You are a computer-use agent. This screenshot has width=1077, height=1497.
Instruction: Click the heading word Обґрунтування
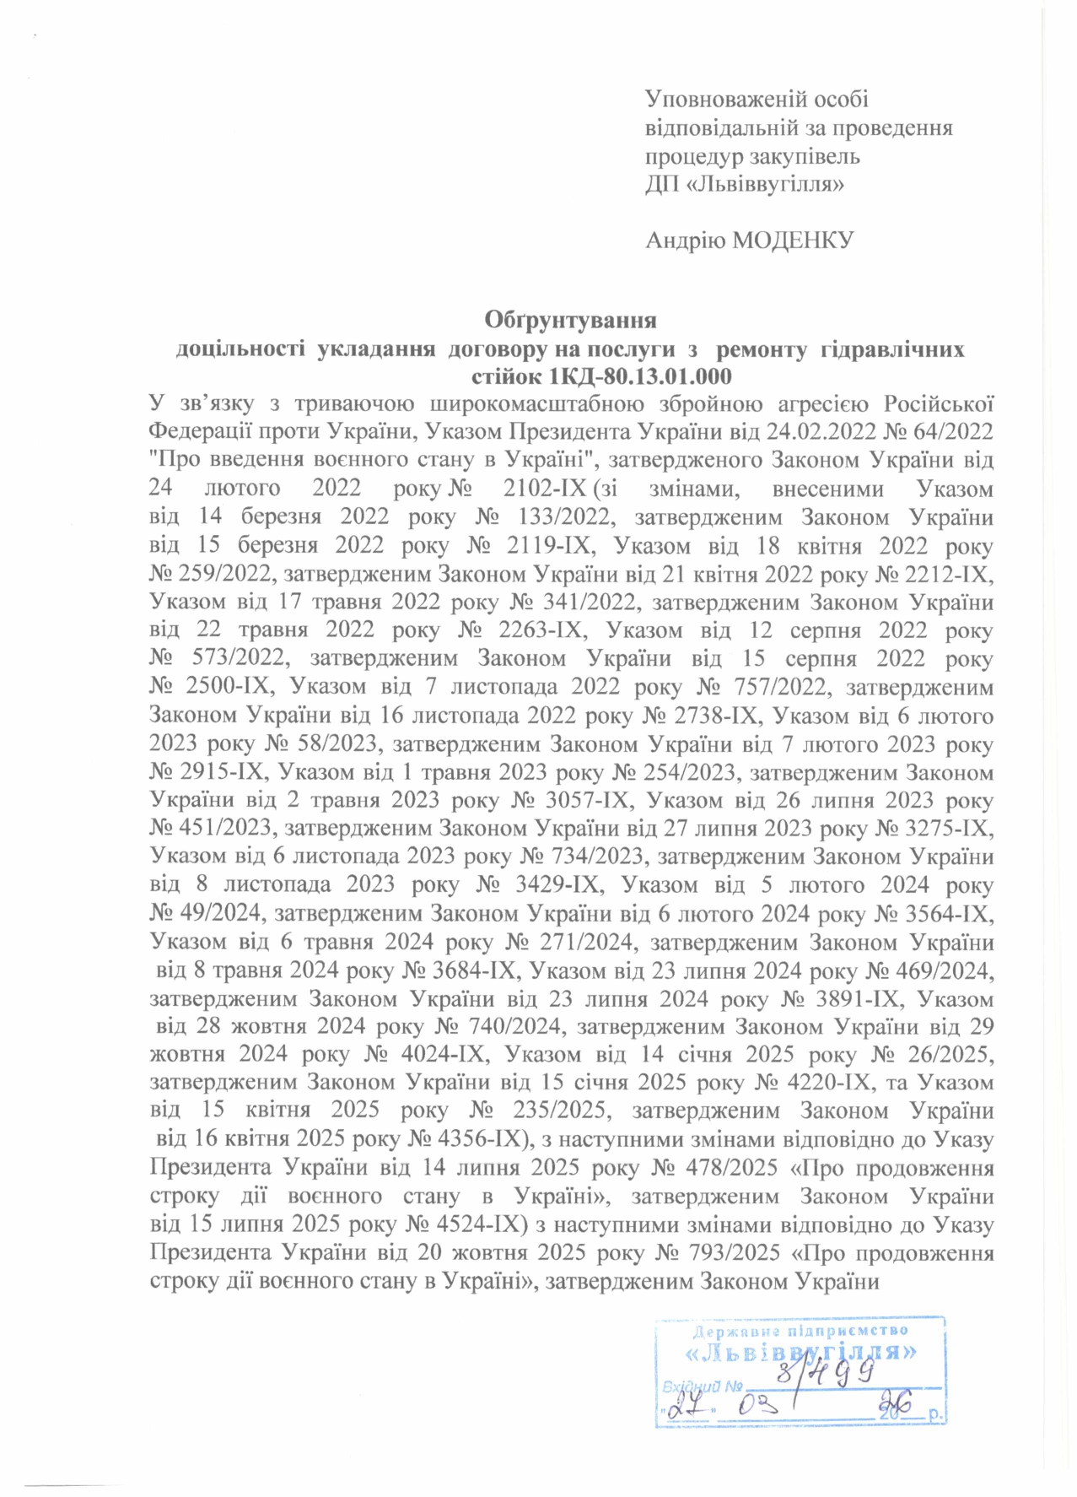pyautogui.click(x=570, y=321)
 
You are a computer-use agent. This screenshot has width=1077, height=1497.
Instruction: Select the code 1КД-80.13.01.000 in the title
pyautogui.click(x=641, y=376)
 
